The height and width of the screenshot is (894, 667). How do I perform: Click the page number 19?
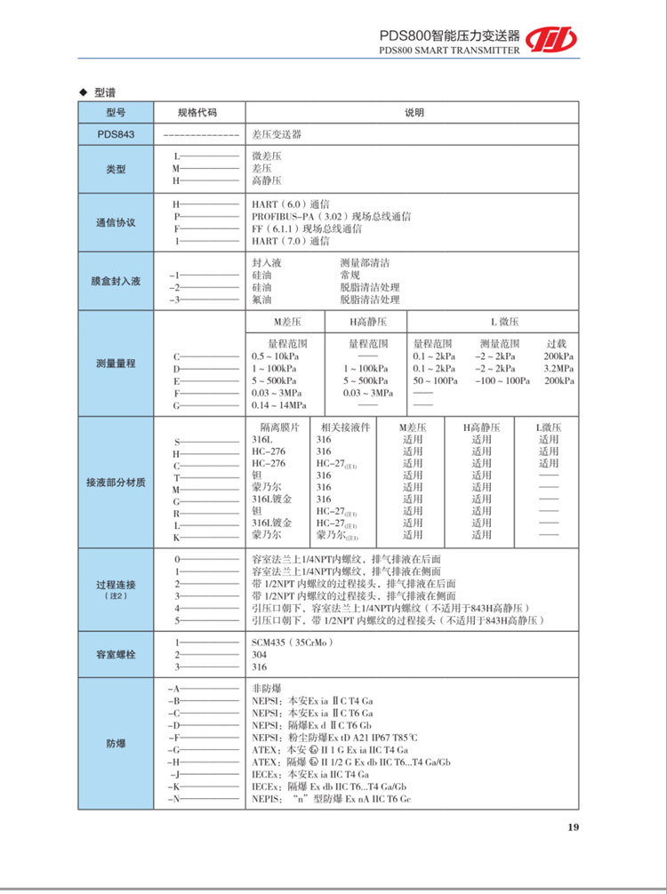click(573, 827)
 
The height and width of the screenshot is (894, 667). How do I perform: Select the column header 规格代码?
click(197, 113)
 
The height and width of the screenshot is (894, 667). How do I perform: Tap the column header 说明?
click(414, 113)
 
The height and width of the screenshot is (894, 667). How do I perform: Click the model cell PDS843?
click(117, 134)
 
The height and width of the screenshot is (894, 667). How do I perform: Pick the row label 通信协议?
click(117, 222)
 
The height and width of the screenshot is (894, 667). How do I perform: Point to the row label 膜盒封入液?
click(117, 281)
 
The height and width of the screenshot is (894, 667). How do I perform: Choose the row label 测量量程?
click(117, 363)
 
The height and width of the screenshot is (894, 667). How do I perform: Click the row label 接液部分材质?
click(117, 483)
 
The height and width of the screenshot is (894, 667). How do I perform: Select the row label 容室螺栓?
click(117, 654)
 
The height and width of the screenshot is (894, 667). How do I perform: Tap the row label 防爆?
click(117, 743)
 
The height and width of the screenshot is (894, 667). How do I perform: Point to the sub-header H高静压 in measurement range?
click(367, 322)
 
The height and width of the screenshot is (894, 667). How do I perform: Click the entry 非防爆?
click(268, 689)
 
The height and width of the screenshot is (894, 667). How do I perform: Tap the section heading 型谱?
click(105, 92)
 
